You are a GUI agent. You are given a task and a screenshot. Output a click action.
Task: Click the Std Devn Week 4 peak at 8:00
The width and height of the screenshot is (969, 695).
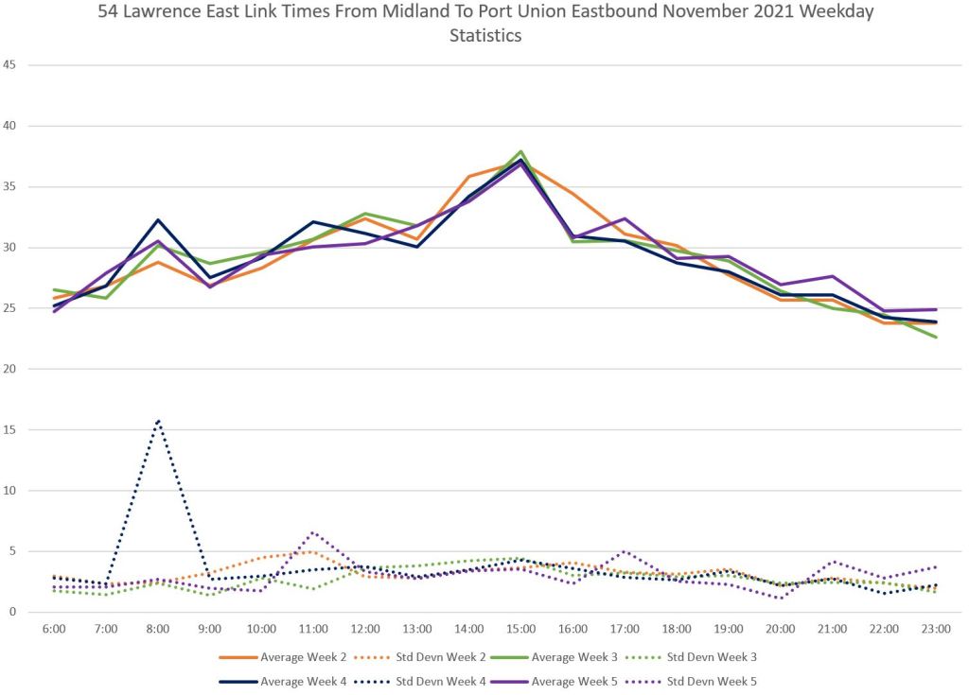[158, 420]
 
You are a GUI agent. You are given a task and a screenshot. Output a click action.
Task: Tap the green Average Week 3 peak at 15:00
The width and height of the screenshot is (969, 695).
[521, 151]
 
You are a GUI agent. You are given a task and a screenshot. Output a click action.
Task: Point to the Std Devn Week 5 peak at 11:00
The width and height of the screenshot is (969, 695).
[313, 532]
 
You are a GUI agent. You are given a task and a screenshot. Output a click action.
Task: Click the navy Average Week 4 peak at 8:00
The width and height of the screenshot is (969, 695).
[158, 219]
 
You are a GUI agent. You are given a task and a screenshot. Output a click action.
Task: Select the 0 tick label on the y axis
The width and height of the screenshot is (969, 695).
[15, 612]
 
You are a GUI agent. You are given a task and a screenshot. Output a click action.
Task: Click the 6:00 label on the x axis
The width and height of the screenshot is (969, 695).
[54, 628]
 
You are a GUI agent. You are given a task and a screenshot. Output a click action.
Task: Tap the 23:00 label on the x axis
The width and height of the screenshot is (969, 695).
[936, 628]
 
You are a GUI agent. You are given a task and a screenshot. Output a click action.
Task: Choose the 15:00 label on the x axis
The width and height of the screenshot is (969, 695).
[521, 628]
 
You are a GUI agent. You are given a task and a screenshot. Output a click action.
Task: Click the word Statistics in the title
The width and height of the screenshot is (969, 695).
[484, 36]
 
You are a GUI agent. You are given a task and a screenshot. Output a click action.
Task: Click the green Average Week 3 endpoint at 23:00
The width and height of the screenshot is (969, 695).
[937, 337]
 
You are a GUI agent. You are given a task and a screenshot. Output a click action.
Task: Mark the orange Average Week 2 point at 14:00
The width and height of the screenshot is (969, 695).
[469, 176]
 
